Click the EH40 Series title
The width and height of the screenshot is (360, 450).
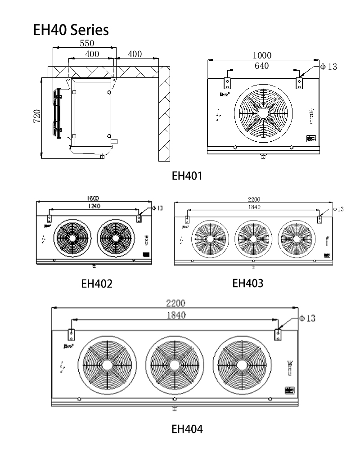(x=71, y=30)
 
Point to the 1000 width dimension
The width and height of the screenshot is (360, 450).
(x=262, y=55)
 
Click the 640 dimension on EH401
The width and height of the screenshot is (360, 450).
(x=261, y=66)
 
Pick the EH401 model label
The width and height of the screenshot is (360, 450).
(x=187, y=176)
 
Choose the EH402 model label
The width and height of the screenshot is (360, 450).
(x=97, y=284)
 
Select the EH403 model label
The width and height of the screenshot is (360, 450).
(x=248, y=283)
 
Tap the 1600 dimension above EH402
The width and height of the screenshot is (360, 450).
(x=93, y=198)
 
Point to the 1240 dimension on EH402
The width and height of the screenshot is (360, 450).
(x=94, y=206)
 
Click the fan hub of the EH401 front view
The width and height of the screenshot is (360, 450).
(x=263, y=112)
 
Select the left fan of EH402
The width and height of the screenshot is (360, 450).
(x=72, y=238)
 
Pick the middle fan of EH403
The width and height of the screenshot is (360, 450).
(x=253, y=238)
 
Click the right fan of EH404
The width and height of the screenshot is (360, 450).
(x=243, y=365)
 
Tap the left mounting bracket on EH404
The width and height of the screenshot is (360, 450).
(x=71, y=334)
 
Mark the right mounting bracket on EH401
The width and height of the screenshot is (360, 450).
(x=299, y=83)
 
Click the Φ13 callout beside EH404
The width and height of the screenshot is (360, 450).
(x=307, y=319)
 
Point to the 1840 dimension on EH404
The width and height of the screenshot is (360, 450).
(x=175, y=315)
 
